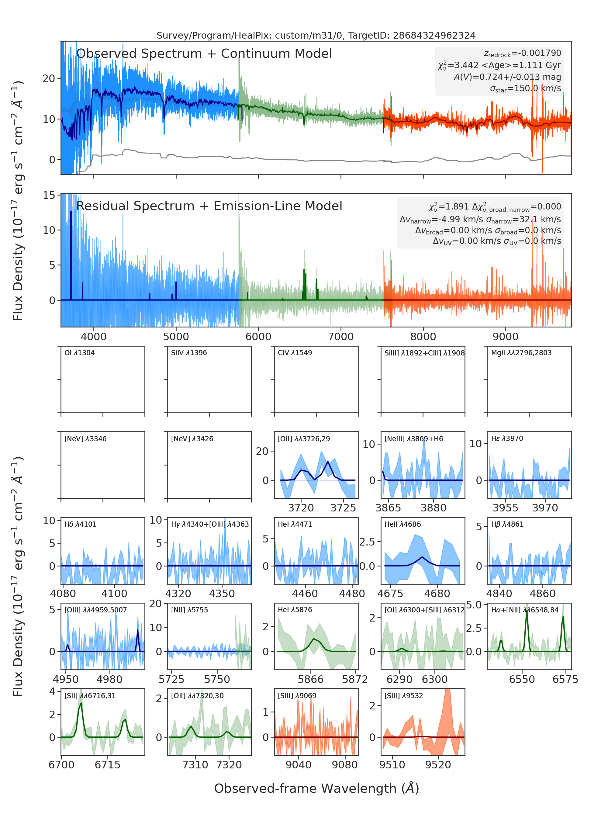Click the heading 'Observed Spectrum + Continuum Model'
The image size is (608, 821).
204,54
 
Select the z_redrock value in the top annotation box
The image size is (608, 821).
522,54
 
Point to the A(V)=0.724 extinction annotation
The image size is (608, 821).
507,77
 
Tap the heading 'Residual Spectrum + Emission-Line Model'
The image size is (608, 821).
209,206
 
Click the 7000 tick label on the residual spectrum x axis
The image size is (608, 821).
341,337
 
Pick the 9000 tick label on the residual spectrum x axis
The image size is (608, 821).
505,337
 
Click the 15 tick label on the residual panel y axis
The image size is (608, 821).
49,195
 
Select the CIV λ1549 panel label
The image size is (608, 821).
295,353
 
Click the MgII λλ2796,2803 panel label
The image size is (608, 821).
521,353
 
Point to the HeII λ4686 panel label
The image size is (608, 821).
402,524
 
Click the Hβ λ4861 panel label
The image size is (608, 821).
507,524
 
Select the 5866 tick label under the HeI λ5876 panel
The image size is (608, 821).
311,679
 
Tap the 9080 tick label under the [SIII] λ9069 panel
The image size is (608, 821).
345,765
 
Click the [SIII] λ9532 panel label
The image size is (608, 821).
404,696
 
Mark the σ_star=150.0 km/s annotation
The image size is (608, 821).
525,89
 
